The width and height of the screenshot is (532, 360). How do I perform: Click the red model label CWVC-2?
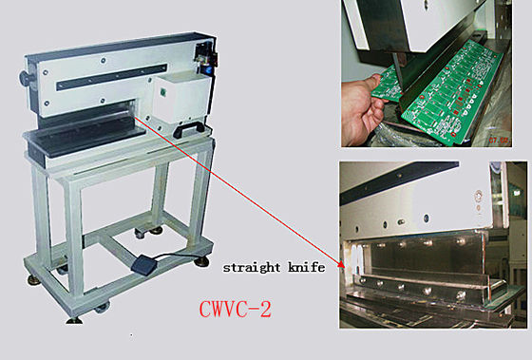click(236, 309)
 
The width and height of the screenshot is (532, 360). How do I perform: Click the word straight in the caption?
click(252, 267)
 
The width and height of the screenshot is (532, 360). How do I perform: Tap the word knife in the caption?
click(306, 267)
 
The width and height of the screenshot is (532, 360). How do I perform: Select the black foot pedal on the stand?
click(142, 264)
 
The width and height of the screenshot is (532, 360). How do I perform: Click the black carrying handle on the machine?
click(188, 129)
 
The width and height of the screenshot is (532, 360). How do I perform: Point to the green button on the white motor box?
click(162, 91)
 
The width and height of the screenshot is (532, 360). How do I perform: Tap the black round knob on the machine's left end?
click(26, 78)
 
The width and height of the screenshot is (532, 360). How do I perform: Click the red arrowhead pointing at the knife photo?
click(341, 264)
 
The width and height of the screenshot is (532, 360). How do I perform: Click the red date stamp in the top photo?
click(500, 140)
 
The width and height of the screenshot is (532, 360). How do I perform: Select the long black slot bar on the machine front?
click(112, 77)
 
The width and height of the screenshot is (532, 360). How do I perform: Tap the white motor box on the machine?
click(180, 99)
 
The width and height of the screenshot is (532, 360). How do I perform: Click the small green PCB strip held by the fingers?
click(387, 85)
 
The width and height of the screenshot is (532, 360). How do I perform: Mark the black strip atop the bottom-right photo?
click(399, 182)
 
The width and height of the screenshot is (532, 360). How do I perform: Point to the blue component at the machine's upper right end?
click(206, 69)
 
